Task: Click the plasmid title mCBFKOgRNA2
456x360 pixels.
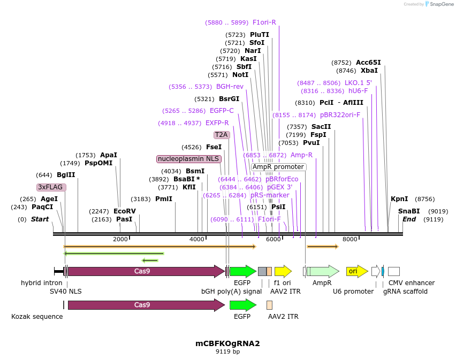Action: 227,343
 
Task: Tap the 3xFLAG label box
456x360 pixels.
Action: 51,187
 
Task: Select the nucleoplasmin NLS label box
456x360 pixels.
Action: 188,159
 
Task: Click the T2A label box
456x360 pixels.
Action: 222,135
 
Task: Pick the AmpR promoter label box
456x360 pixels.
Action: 278,167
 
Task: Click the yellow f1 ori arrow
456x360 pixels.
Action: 283,271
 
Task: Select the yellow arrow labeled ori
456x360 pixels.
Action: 356,271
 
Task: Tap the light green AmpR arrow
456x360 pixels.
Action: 322,271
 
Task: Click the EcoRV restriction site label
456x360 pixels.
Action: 125,211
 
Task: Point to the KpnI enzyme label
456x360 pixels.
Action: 399,198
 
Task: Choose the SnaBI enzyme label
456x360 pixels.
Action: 409,211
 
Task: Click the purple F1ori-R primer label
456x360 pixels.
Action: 264,22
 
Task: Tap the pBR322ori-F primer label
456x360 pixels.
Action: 340,115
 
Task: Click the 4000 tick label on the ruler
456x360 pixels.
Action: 197,239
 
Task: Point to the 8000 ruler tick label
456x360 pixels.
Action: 349,239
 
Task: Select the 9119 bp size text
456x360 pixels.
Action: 227,352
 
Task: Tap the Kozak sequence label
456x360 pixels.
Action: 37,317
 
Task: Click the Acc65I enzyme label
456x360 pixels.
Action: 368,63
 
